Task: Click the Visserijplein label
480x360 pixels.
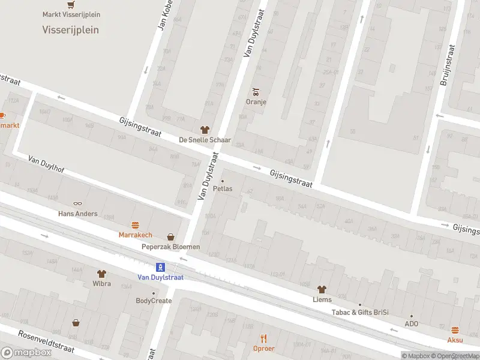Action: (71, 29)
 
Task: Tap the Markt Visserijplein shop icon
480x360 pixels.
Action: (71, 4)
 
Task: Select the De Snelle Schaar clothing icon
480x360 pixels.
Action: (205, 130)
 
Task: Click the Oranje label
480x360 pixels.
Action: (256, 101)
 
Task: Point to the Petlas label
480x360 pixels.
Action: (223, 188)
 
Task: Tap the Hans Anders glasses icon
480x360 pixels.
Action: (77, 204)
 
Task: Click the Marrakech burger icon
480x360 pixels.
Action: (135, 226)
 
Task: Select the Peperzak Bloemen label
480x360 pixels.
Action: (170, 247)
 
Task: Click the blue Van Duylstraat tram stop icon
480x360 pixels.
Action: (160, 267)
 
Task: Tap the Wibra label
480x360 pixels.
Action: (101, 283)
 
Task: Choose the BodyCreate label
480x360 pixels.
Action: (154, 301)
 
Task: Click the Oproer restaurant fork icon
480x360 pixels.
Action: (263, 338)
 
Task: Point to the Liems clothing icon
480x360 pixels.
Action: (322, 289)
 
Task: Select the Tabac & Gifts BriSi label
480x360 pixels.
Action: (360, 312)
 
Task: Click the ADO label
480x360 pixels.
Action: (412, 324)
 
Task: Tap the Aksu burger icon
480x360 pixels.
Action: (455, 330)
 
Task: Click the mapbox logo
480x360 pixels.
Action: (26, 353)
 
